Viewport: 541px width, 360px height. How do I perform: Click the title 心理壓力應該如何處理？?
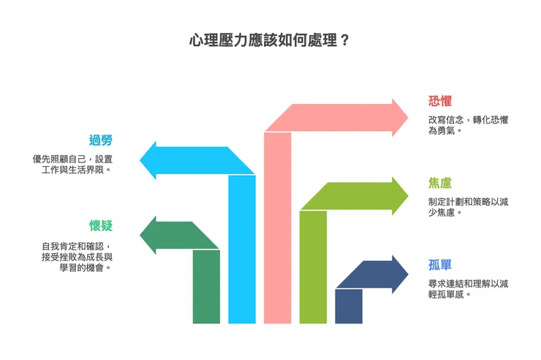(269, 40)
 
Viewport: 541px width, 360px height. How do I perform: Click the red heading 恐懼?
(440, 101)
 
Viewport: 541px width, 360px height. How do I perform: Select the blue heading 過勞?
(101, 140)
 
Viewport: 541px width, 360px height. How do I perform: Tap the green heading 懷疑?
(101, 225)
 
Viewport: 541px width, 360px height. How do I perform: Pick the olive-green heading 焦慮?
(440, 184)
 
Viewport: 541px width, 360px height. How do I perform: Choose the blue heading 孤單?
(440, 265)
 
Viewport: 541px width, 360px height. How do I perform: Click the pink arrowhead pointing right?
(398, 117)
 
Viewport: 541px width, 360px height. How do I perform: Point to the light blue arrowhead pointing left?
(150, 160)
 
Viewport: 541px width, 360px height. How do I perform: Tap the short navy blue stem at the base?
(349, 307)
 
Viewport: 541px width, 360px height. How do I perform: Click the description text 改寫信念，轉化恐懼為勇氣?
(469, 125)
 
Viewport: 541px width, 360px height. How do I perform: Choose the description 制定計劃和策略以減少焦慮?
(469, 208)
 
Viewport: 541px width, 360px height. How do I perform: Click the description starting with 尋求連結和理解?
(469, 288)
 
